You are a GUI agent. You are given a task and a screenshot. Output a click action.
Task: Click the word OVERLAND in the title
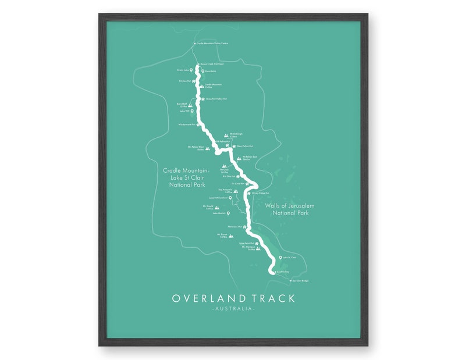pos(208,298)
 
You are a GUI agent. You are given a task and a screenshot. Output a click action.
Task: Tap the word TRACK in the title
pos(272,298)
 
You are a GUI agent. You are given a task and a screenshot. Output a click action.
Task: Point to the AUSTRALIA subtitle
pos(233,309)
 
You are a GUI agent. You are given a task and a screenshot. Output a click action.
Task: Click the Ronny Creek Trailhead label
pos(212,64)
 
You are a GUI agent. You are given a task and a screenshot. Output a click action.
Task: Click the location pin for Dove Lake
pos(203,72)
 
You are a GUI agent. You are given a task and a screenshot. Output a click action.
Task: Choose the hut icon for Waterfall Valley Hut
pos(202,99)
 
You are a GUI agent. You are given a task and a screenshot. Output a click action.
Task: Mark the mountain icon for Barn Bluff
pos(190,105)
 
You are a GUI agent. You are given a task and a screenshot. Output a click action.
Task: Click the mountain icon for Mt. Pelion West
pos(208,148)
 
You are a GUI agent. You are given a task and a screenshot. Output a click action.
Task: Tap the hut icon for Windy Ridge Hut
pos(248,191)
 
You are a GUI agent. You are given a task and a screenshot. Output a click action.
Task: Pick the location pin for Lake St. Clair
pos(280,258)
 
